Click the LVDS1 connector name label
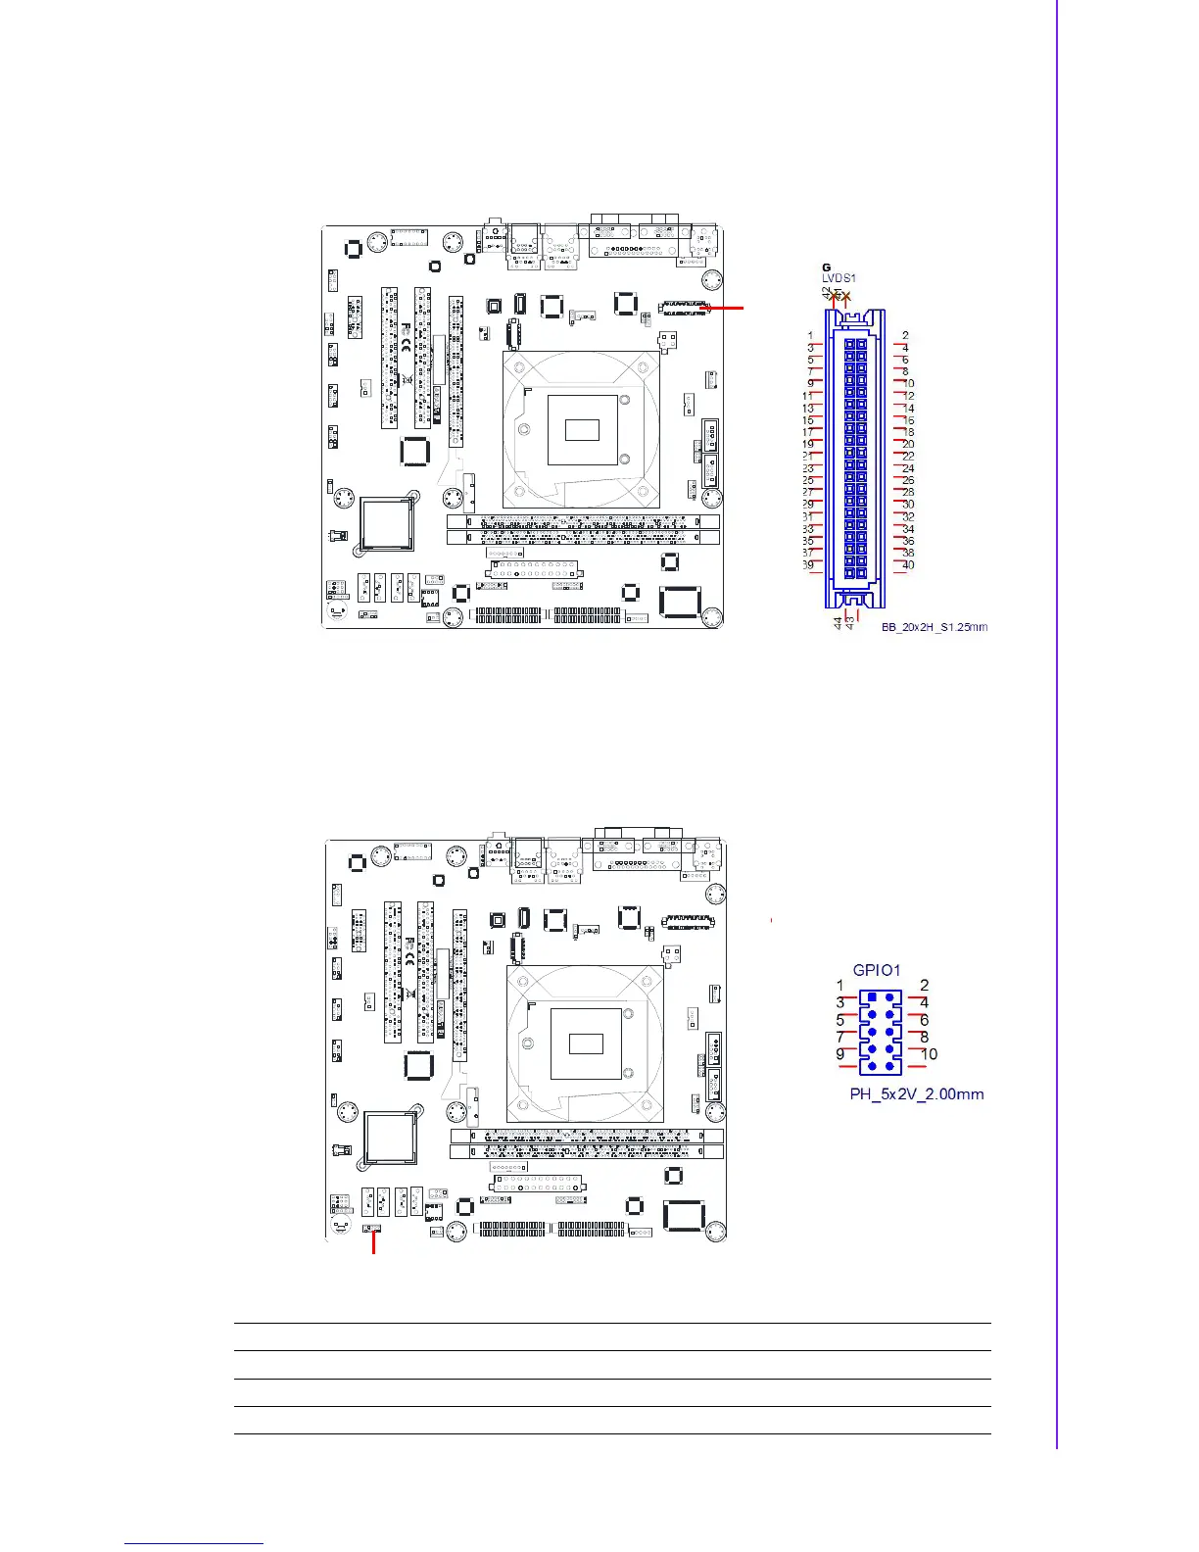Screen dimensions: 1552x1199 839,279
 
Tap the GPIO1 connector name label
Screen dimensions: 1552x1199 876,970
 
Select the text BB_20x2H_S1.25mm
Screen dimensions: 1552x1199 934,627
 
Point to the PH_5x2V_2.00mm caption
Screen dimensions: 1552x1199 917,1093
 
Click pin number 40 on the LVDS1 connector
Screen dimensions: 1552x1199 908,565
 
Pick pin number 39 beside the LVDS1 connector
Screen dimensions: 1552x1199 808,565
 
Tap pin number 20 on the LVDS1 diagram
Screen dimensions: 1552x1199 908,445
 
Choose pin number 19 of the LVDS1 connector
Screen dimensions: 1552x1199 808,445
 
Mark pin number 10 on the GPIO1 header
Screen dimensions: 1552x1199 929,1054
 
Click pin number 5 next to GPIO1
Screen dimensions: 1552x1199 840,1020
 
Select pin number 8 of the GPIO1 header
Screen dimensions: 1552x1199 924,1037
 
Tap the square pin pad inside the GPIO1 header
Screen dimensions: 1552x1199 872,998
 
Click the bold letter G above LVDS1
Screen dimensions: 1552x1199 827,267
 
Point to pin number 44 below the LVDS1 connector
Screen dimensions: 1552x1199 838,623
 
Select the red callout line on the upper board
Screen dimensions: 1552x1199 726,308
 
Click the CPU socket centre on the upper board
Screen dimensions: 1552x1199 582,429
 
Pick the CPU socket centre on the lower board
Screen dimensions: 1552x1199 586,1043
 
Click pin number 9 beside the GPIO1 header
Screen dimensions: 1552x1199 840,1054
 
